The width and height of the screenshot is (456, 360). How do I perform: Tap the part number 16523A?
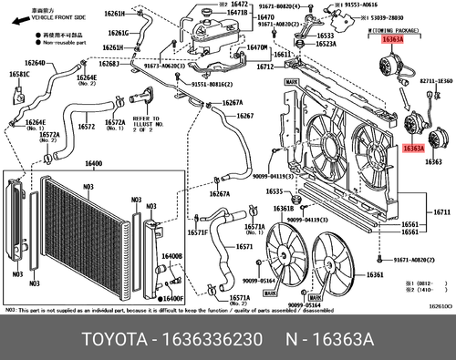(326, 43)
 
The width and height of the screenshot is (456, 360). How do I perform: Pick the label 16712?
(265, 67)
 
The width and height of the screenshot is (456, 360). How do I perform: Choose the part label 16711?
(441, 212)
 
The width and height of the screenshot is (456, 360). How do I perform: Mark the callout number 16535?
(277, 191)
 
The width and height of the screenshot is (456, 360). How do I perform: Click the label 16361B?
(285, 208)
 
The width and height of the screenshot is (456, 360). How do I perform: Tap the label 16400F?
(173, 298)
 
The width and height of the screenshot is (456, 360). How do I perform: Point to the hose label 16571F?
(198, 232)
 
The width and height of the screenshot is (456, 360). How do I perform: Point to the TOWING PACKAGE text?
(392, 29)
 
